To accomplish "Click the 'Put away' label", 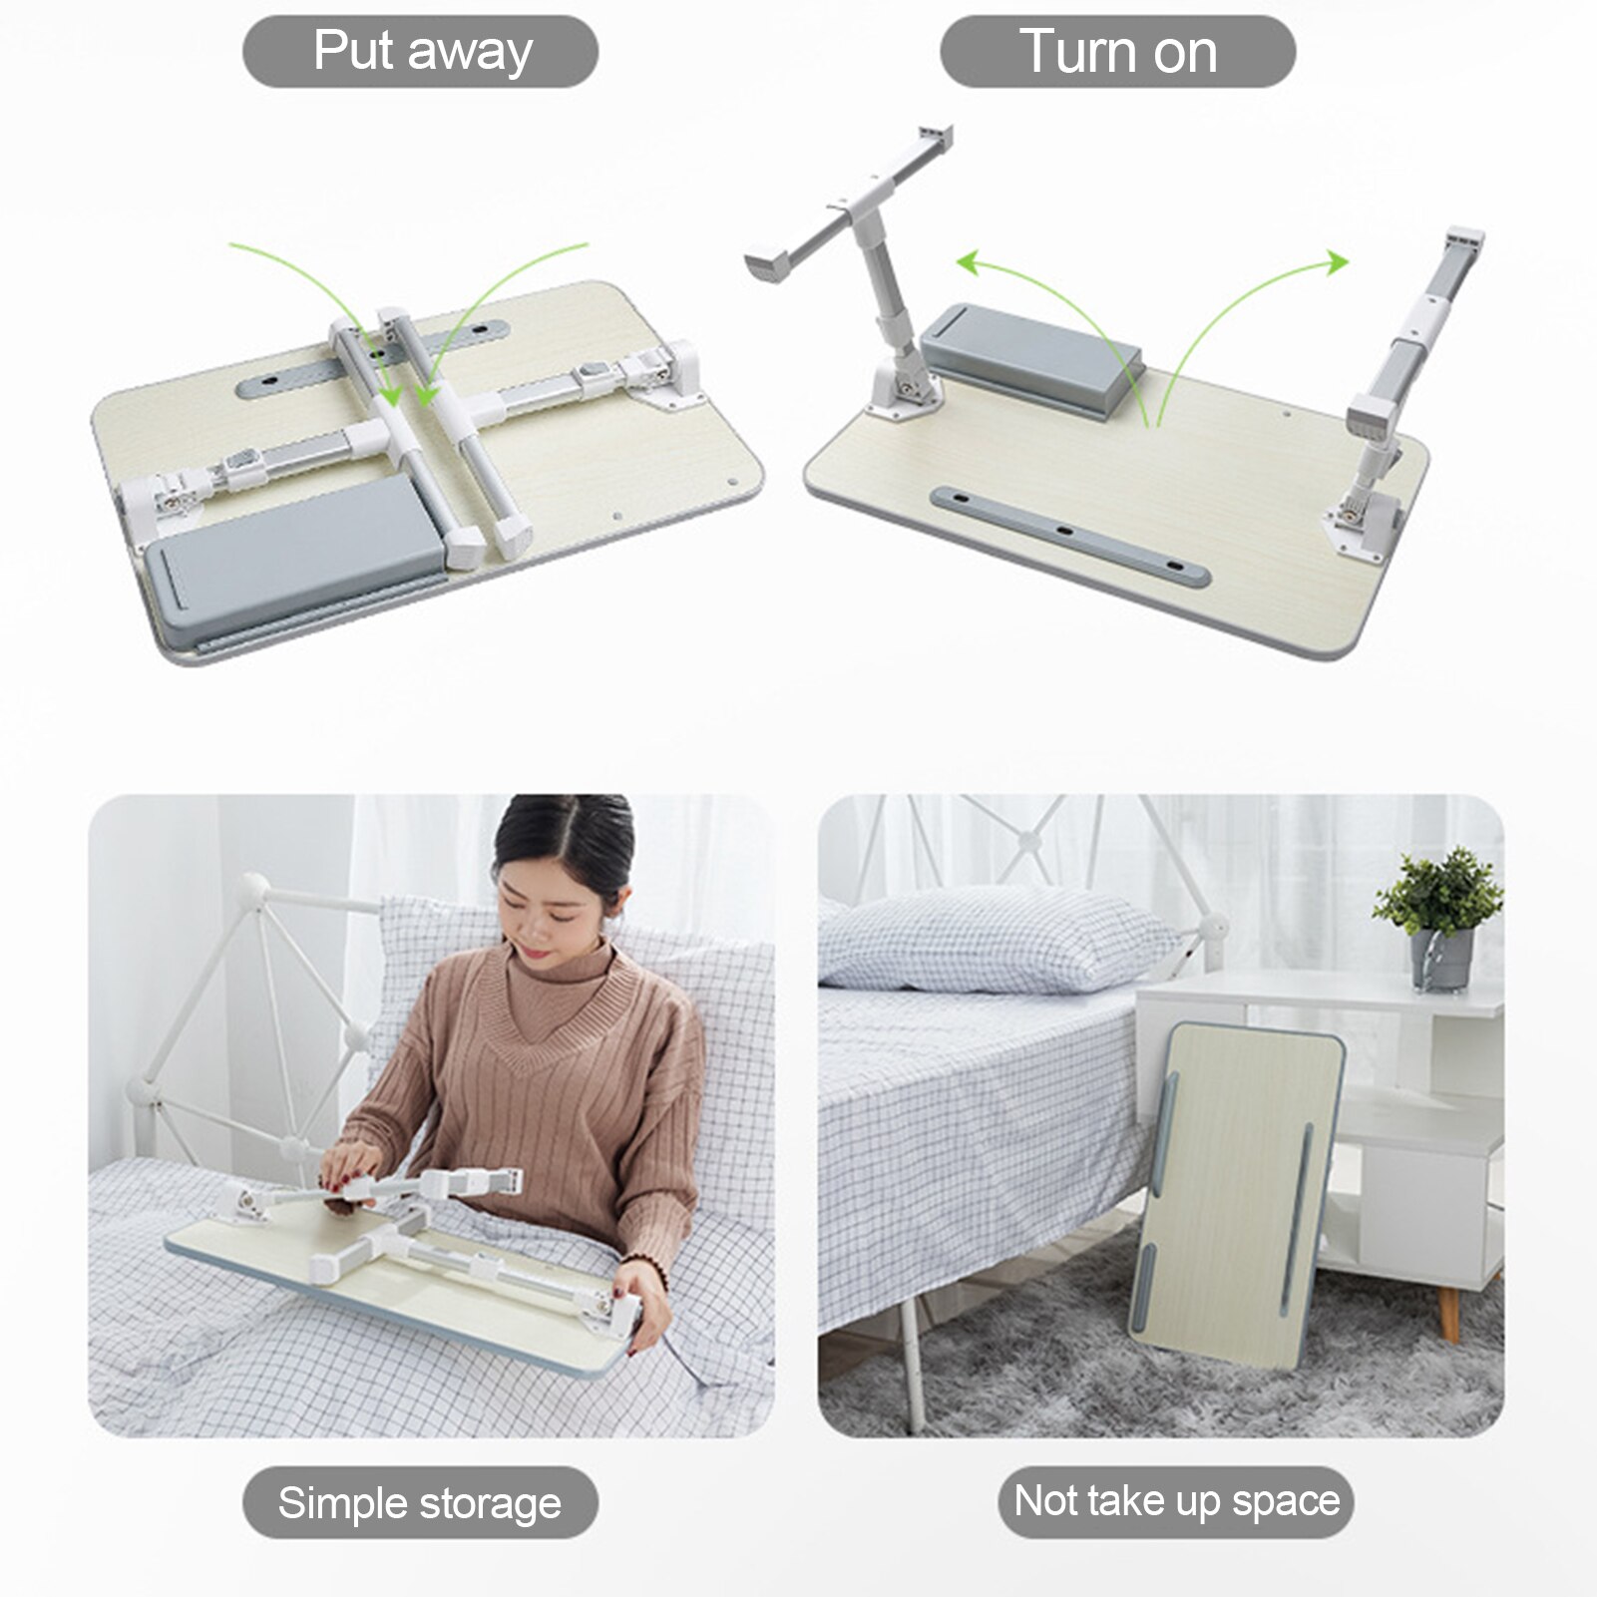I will click(x=420, y=51).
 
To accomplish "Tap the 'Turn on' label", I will click(x=1117, y=51).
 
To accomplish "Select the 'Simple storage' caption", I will click(x=420, y=1502).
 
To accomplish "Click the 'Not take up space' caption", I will click(x=1176, y=1501).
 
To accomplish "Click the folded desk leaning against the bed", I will click(x=1237, y=1192).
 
